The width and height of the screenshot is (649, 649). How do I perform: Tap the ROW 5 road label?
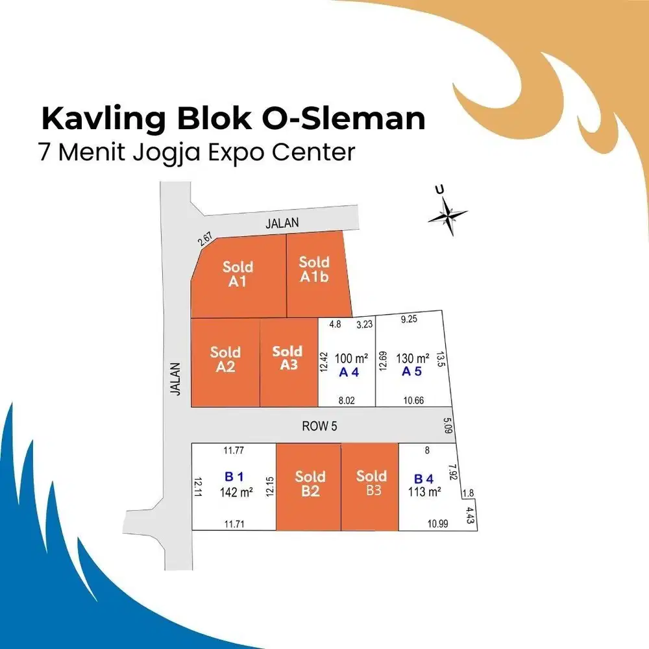pyautogui.click(x=319, y=426)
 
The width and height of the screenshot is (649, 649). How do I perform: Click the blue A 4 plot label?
pyautogui.click(x=349, y=373)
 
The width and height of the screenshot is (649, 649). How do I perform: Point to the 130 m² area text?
pyautogui.click(x=412, y=358)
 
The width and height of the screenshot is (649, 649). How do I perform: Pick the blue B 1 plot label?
pyautogui.click(x=234, y=477)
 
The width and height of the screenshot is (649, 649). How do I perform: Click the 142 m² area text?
pyautogui.click(x=236, y=492)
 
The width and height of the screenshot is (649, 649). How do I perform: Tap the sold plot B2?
pyautogui.click(x=308, y=487)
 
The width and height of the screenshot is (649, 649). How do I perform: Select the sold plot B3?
pyautogui.click(x=370, y=487)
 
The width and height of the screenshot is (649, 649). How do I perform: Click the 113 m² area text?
pyautogui.click(x=424, y=492)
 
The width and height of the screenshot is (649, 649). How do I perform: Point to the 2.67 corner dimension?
pyautogui.click(x=205, y=239)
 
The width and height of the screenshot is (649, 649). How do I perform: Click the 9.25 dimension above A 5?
pyautogui.click(x=409, y=319)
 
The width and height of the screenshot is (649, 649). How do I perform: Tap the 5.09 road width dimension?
pyautogui.click(x=447, y=426)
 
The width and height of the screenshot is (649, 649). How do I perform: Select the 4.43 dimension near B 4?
pyautogui.click(x=470, y=515)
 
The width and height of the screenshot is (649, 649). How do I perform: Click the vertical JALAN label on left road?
pyautogui.click(x=176, y=379)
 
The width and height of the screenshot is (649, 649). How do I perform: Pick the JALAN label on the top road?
pyautogui.click(x=282, y=223)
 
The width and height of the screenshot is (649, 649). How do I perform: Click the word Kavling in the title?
pyautogui.click(x=103, y=119)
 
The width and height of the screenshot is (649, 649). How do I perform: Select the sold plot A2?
pyautogui.click(x=226, y=363)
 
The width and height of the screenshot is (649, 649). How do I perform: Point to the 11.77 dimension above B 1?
pyautogui.click(x=234, y=450)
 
